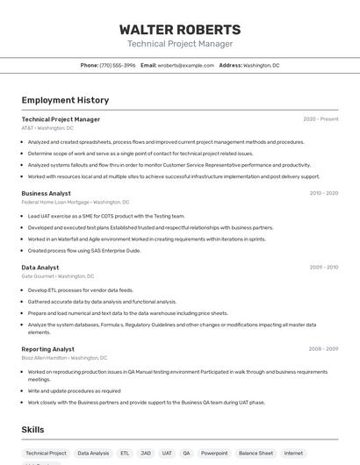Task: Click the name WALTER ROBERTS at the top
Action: (180, 29)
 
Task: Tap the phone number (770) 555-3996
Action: (118, 65)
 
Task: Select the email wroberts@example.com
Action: (186, 65)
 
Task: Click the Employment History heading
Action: (65, 100)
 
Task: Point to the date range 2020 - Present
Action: (320, 119)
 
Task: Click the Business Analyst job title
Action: (47, 193)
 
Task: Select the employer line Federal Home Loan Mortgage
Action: (76, 202)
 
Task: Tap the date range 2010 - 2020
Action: (324, 193)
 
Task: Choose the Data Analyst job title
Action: (40, 268)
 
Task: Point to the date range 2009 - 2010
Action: (324, 268)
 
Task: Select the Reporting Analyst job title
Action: (48, 349)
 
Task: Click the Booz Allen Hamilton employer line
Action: (64, 358)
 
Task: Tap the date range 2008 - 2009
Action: (324, 349)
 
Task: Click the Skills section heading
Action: (32, 430)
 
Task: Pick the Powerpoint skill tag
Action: (213, 454)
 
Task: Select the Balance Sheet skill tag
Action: (256, 454)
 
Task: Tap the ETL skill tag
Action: (125, 454)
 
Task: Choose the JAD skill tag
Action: (146, 454)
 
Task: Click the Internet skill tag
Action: (293, 454)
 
